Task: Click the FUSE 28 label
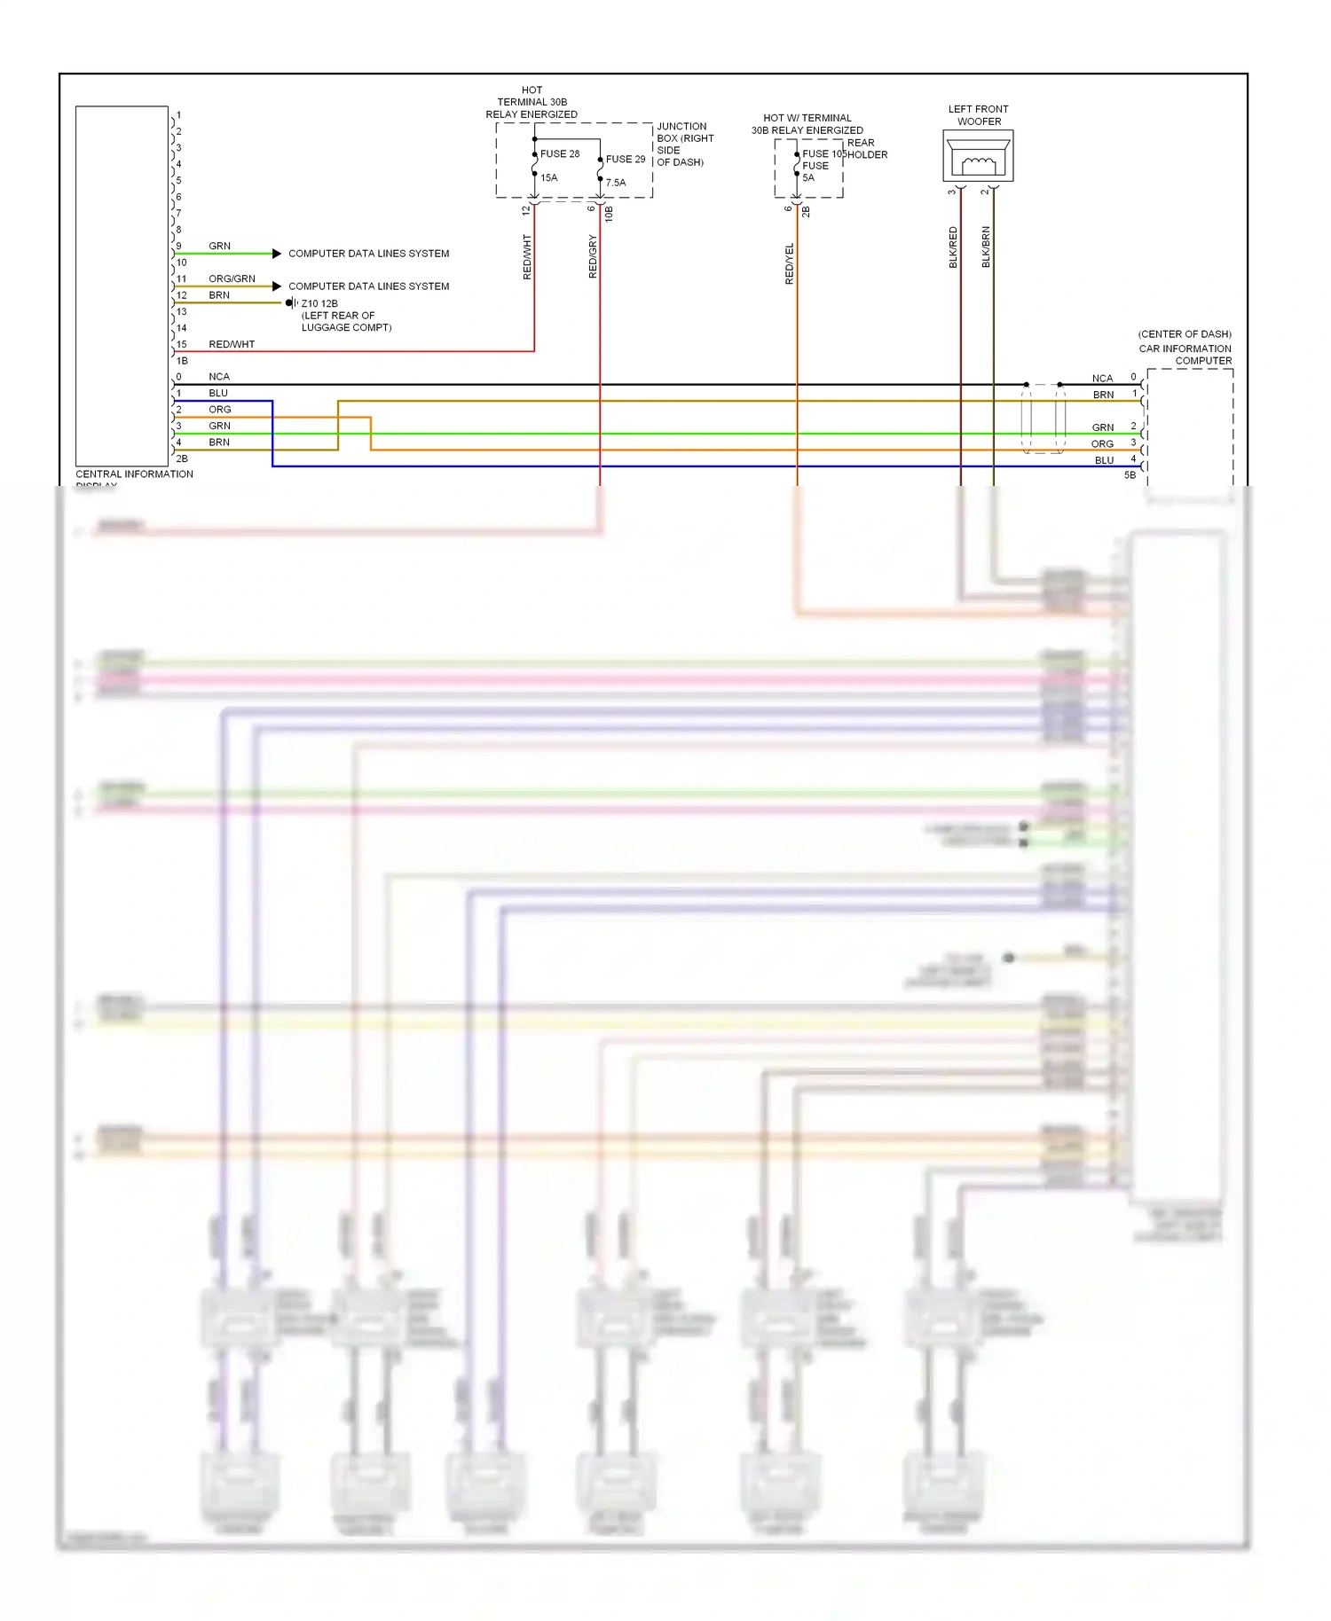click(x=560, y=153)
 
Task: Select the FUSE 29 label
click(x=626, y=159)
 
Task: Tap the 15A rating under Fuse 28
click(x=549, y=177)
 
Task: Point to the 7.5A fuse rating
click(x=616, y=183)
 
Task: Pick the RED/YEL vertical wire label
click(x=789, y=263)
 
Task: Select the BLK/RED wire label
click(x=953, y=247)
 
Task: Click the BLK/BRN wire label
click(x=986, y=247)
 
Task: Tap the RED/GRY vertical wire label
click(x=593, y=256)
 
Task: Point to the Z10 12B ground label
click(x=319, y=303)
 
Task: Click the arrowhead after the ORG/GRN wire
click(x=277, y=286)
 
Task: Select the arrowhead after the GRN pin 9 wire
click(x=277, y=254)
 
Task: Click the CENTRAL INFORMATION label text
click(x=134, y=474)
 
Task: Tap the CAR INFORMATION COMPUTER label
click(x=1185, y=354)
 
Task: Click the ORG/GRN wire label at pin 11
click(x=232, y=278)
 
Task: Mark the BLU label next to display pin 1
click(x=218, y=393)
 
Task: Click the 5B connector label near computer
click(x=1130, y=474)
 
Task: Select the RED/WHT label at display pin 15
click(x=232, y=344)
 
